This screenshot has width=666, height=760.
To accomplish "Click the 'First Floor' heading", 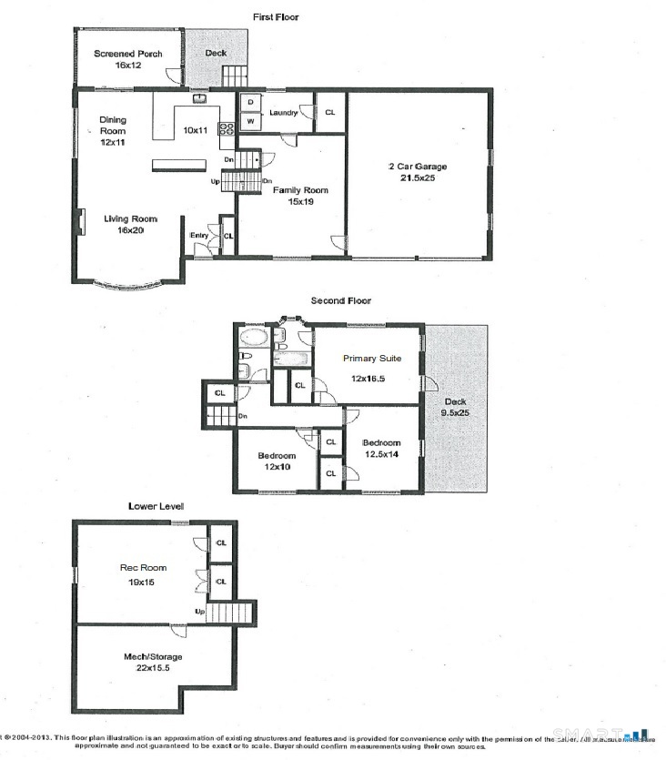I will point(275,16).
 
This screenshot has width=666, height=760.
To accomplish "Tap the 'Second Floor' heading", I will point(340,300).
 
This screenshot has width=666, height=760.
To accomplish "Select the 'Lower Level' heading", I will point(156,505).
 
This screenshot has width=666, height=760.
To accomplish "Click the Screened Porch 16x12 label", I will point(127,59).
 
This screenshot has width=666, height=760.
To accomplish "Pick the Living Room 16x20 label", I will point(130,224).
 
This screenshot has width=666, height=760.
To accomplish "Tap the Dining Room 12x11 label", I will point(113,130).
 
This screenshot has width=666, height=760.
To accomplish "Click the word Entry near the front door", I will point(199,236).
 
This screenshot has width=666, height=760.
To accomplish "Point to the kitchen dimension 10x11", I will point(196,130).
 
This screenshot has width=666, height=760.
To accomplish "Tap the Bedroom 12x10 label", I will point(277,461).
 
